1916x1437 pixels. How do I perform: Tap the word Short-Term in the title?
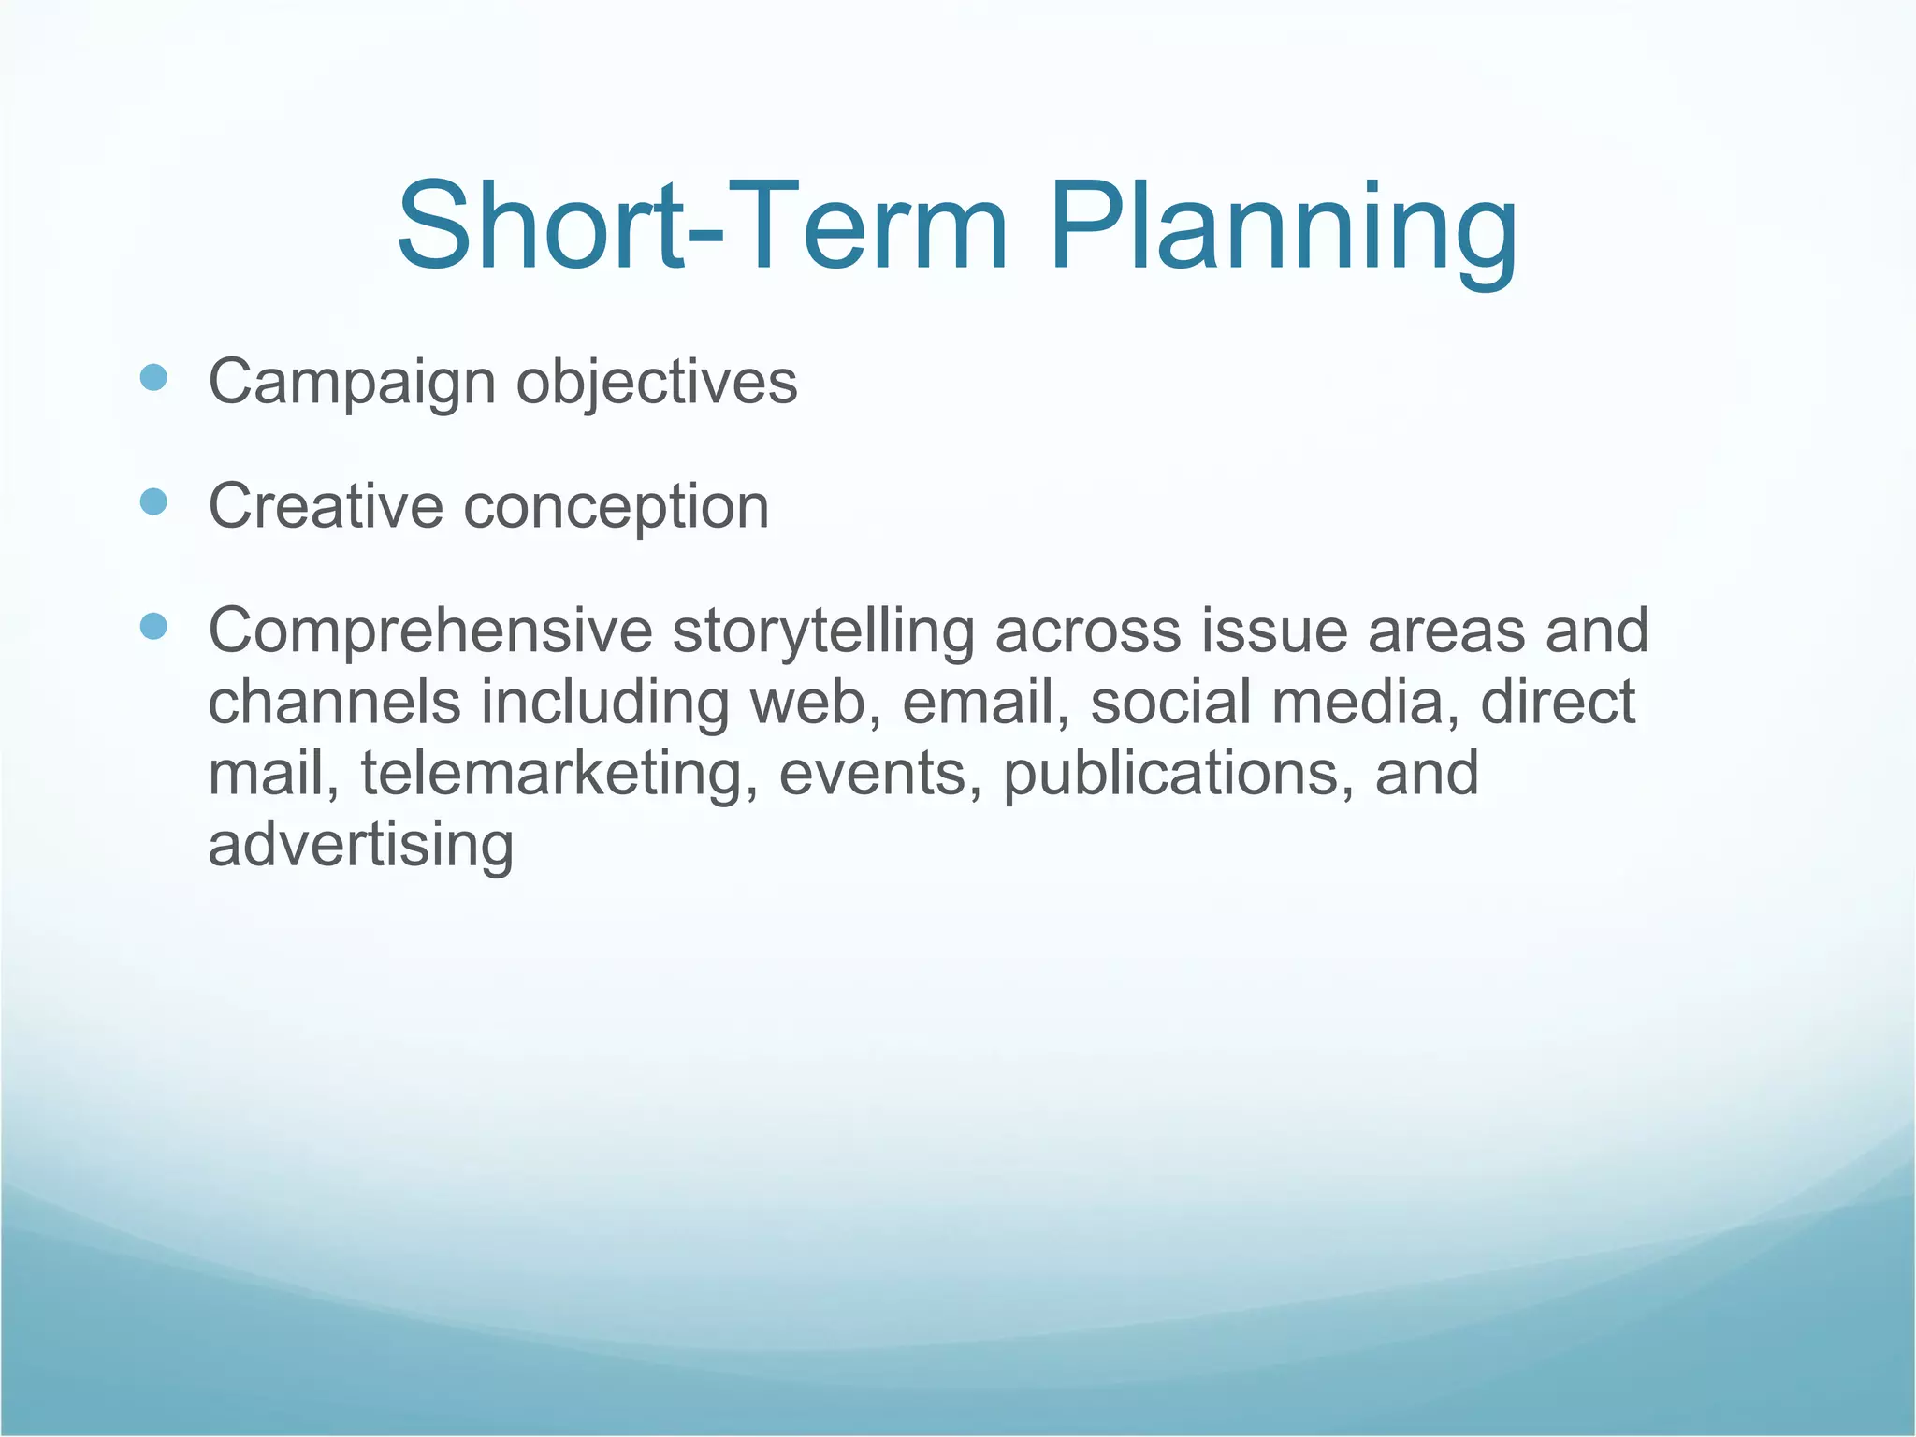[x=702, y=229]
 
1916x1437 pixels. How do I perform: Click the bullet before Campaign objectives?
[x=152, y=378]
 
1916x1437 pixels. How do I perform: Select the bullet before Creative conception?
[x=152, y=502]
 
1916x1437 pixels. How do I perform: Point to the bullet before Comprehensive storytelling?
[x=152, y=626]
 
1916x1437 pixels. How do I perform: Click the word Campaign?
[x=352, y=384]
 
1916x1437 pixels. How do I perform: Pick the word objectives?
[x=657, y=384]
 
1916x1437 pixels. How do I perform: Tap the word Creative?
[x=325, y=506]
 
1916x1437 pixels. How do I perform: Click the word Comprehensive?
[x=430, y=632]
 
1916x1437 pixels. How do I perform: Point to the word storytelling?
[x=823, y=632]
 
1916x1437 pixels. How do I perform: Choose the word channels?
[x=334, y=703]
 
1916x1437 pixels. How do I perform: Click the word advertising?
[x=360, y=846]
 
